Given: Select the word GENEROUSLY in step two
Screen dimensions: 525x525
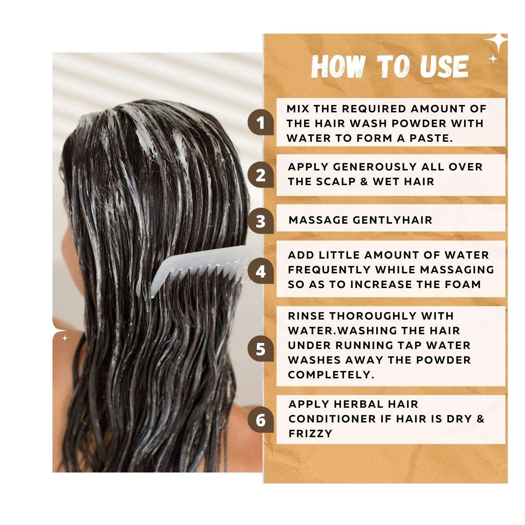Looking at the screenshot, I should point(375,167).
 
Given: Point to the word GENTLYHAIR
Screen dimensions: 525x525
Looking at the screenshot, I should point(392,220).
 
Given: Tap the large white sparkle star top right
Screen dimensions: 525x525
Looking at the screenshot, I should point(496,43).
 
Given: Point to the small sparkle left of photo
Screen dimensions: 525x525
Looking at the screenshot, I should point(64,338).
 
